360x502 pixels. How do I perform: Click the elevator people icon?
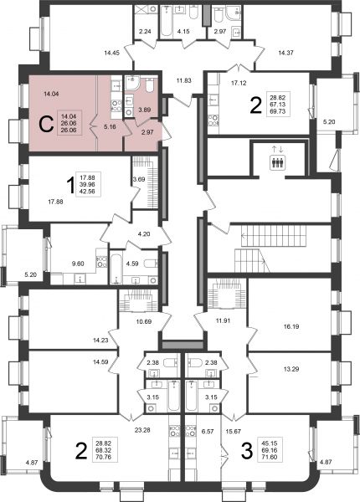[277, 162]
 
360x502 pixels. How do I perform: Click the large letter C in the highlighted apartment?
[46, 125]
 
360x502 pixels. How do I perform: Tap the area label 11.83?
[183, 80]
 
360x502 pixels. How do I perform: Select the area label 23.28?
[143, 430]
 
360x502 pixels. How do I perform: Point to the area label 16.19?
[291, 327]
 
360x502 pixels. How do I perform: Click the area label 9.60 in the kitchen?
[78, 264]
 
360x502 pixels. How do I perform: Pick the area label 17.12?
[239, 83]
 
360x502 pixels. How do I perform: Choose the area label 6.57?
[208, 432]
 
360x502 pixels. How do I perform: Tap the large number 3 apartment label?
[246, 451]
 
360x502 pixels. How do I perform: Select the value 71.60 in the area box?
[269, 457]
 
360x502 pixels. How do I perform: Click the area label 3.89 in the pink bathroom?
[145, 110]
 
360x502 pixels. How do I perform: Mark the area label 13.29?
[291, 369]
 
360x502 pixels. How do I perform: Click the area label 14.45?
[112, 53]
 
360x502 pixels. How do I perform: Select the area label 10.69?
[144, 321]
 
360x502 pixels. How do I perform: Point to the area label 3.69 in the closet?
[139, 179]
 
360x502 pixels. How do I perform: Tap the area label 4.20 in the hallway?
[144, 234]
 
